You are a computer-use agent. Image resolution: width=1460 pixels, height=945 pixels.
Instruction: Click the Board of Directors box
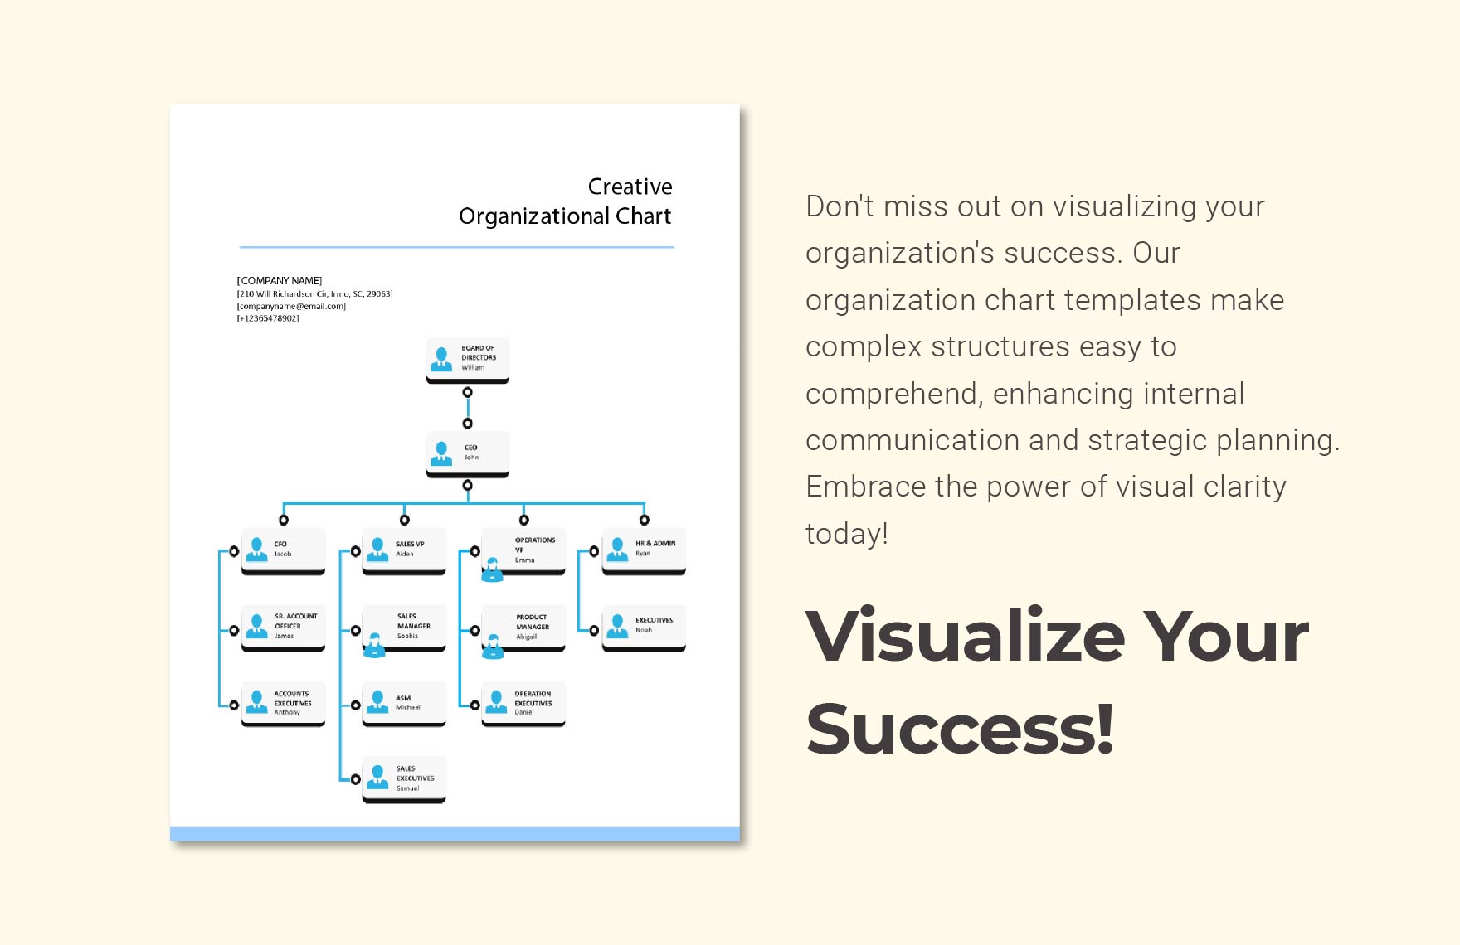(x=467, y=359)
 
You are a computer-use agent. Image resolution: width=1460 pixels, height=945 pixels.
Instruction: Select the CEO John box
(x=467, y=453)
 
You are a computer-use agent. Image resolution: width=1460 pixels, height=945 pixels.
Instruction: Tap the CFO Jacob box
(x=283, y=550)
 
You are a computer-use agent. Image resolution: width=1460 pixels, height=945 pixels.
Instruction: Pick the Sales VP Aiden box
(x=404, y=550)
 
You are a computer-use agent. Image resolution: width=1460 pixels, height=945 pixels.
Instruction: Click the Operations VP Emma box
(x=523, y=550)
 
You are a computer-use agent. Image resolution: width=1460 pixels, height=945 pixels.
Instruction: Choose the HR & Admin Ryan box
(x=644, y=549)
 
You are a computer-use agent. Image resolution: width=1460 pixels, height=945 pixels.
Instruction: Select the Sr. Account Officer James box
(x=283, y=627)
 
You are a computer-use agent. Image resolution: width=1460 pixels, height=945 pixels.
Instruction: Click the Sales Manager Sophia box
(x=404, y=627)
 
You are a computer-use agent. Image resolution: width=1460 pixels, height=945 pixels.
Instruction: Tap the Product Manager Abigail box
(x=523, y=627)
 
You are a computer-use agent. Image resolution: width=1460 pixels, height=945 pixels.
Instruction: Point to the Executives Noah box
(x=644, y=626)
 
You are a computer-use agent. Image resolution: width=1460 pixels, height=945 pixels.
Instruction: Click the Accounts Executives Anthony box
(x=283, y=703)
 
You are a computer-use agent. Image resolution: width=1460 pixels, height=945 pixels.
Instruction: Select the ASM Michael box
(x=404, y=703)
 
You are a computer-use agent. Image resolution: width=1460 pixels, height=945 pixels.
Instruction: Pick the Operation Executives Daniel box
(x=523, y=703)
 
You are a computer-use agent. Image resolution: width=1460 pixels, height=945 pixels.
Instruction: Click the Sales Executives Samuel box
(x=404, y=778)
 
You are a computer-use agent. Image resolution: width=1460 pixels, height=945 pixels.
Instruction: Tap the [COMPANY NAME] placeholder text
(x=280, y=281)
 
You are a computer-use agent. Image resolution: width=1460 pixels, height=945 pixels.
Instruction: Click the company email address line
(x=291, y=306)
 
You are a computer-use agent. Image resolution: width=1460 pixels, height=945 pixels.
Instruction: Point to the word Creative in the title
(x=630, y=187)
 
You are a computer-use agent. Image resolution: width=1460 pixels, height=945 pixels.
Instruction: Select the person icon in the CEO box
(x=441, y=453)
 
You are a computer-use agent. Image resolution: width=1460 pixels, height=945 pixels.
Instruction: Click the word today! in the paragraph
(x=846, y=534)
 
